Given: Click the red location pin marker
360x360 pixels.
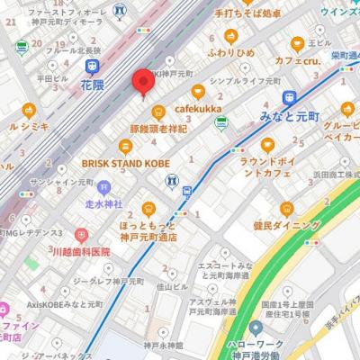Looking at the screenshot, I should (141, 83).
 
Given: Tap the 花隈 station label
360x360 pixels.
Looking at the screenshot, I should (93, 86).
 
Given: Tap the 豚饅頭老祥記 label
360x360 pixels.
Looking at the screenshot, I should (157, 128).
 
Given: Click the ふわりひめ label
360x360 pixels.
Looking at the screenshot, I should (231, 53).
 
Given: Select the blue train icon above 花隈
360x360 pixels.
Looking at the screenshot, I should (93, 67).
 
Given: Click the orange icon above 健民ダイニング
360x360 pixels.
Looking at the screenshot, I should (287, 208).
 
